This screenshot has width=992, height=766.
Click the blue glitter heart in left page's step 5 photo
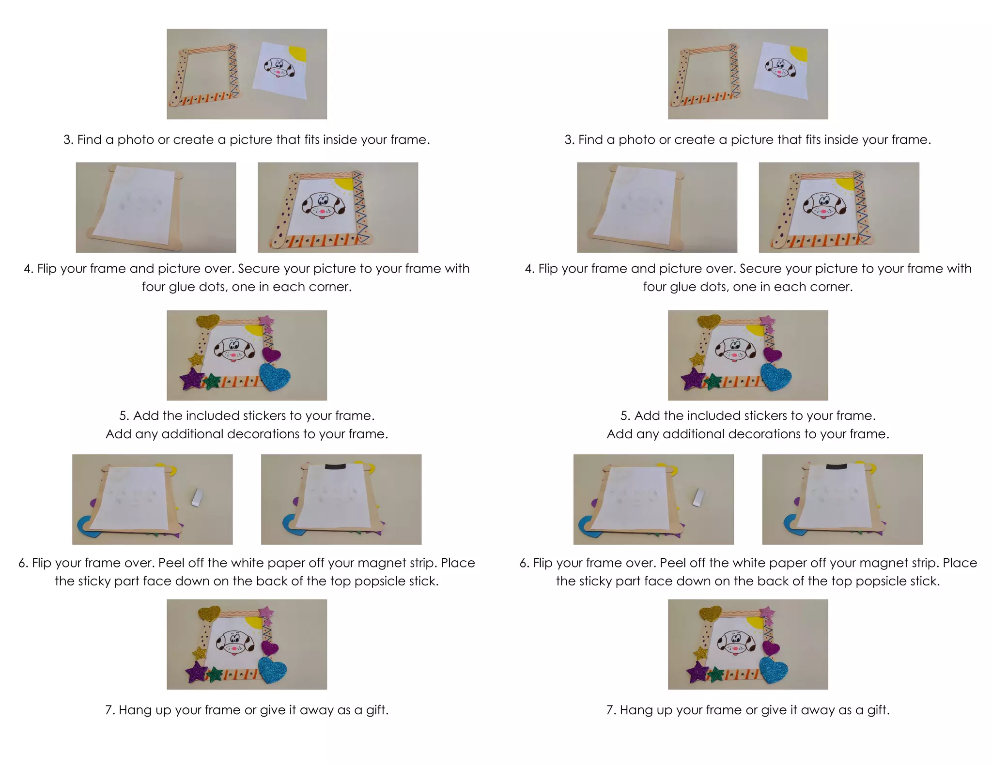(x=275, y=376)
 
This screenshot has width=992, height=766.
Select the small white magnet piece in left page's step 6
(x=197, y=497)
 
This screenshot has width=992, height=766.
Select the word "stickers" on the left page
(x=264, y=416)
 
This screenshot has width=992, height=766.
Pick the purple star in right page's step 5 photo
(x=693, y=379)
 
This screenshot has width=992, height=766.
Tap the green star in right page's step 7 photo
(x=715, y=674)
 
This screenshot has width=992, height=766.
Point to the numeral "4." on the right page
(x=529, y=269)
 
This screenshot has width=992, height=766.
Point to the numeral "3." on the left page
(x=68, y=140)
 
